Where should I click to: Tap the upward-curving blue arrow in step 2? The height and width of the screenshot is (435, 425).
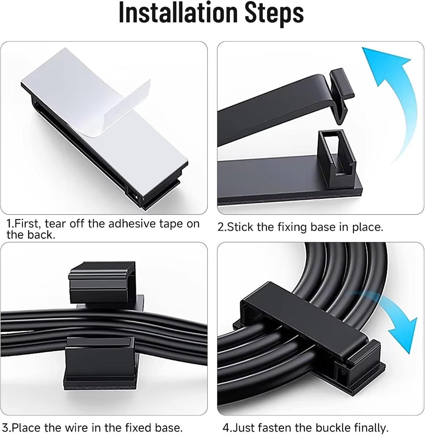391,97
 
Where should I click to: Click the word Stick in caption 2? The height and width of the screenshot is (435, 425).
240,227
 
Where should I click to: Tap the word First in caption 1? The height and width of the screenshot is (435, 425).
27,224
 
